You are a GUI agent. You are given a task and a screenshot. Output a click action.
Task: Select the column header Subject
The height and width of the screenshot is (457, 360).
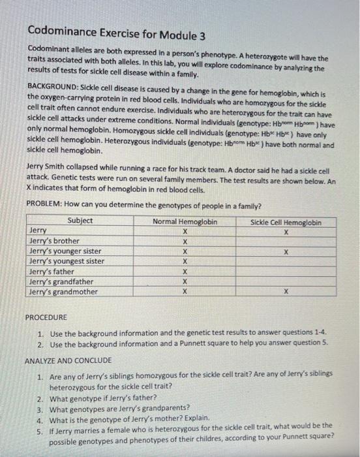(x=80, y=221)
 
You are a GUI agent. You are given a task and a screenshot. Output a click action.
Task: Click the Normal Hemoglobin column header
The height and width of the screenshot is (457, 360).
(x=185, y=221)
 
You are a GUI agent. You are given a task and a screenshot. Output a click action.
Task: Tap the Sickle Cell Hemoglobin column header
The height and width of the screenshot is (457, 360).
(x=286, y=222)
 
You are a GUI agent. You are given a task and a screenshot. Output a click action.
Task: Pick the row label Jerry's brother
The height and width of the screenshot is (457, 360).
(x=55, y=241)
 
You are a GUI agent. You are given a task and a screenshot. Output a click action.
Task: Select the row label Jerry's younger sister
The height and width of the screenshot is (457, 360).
(x=66, y=251)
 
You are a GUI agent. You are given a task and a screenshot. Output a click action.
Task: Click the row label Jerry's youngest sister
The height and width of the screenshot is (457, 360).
(x=67, y=261)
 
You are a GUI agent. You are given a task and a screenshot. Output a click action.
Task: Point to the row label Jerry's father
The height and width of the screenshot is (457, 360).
(x=52, y=272)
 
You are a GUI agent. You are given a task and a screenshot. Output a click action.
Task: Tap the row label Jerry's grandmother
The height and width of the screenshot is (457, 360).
(x=64, y=292)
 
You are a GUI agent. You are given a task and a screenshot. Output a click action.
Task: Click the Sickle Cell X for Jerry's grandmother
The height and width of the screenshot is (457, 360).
(x=286, y=292)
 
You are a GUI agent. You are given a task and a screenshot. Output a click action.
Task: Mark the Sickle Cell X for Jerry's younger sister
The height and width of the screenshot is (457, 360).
(x=286, y=251)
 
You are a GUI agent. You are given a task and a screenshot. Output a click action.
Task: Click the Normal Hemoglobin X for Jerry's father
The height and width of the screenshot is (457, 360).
(x=185, y=272)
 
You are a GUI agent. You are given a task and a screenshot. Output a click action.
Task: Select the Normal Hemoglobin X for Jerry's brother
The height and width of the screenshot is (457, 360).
(x=185, y=241)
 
